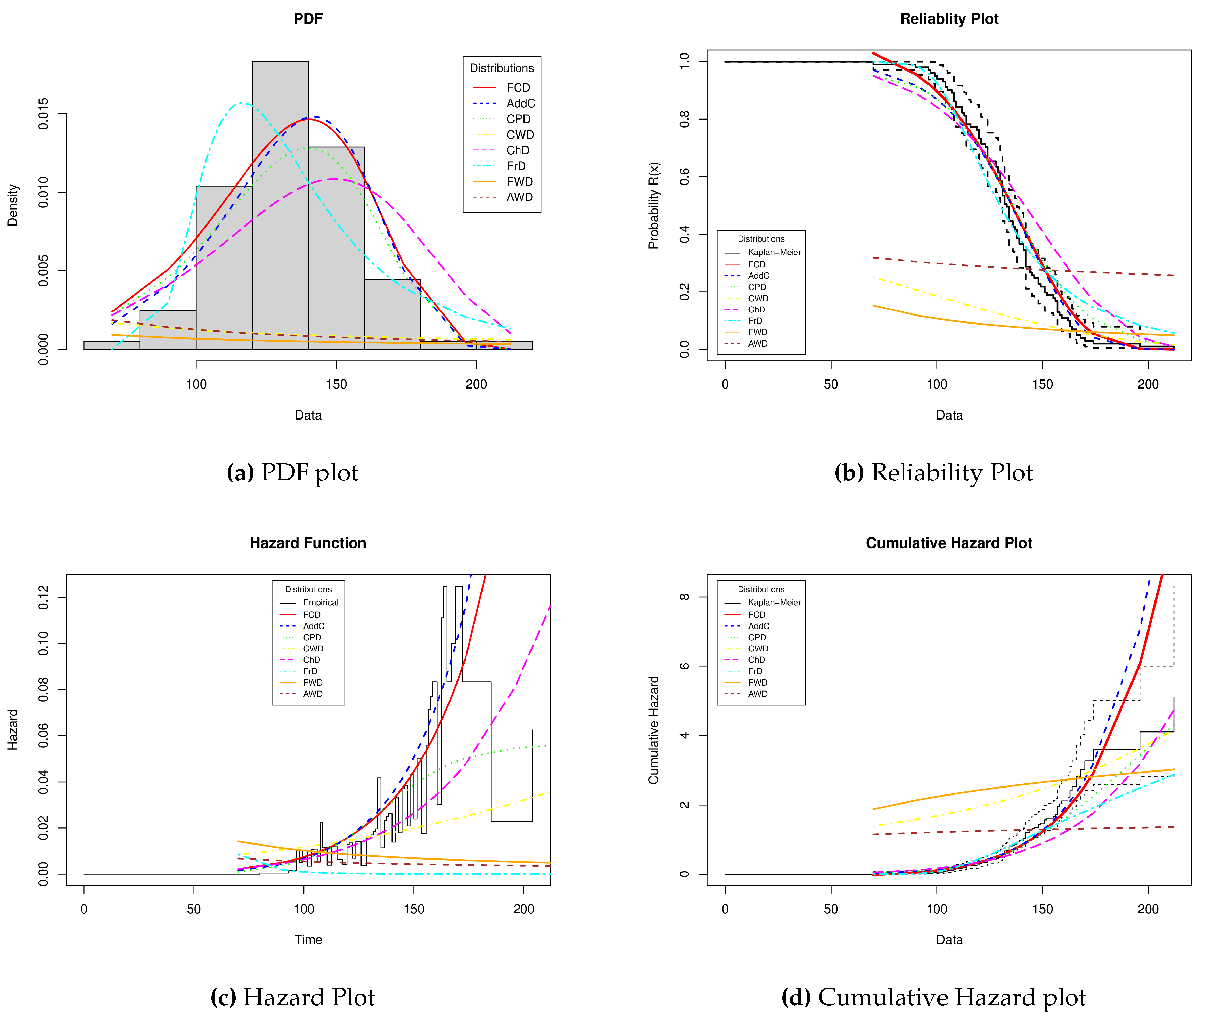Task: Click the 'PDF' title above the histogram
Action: [308, 19]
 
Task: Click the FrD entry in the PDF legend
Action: [515, 166]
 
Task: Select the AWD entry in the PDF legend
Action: [519, 197]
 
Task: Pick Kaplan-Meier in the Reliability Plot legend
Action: [774, 252]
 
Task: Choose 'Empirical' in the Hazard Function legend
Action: [320, 602]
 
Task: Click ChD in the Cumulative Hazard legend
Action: [756, 660]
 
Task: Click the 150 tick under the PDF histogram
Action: [336, 384]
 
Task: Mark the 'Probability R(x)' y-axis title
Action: [653, 205]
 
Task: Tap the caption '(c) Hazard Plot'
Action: [293, 997]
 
